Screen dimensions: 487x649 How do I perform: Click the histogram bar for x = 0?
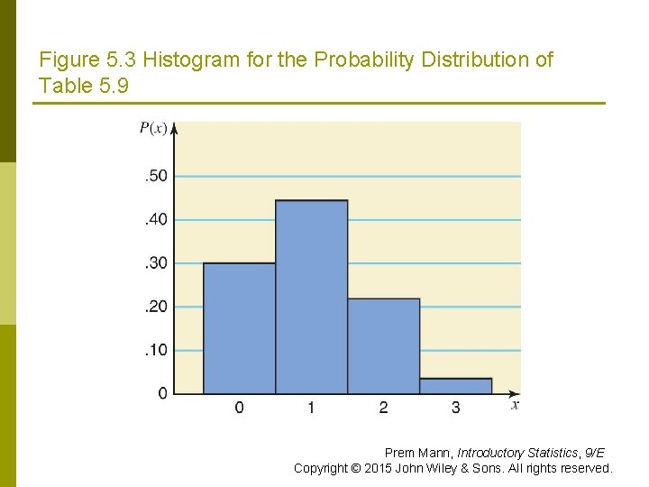click(x=239, y=328)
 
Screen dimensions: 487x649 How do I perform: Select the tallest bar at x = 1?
click(x=311, y=297)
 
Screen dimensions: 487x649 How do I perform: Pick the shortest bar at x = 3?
click(x=455, y=386)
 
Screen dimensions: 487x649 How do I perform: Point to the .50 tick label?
click(x=156, y=176)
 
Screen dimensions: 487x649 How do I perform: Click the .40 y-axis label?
click(x=156, y=219)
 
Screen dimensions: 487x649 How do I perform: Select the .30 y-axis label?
click(x=156, y=263)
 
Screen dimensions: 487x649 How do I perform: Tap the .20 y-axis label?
click(x=156, y=307)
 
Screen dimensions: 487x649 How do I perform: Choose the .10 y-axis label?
click(x=156, y=350)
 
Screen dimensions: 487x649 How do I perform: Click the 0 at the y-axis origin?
click(x=162, y=393)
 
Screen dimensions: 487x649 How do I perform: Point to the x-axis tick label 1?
click(x=311, y=409)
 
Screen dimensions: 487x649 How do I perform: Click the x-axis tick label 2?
click(x=383, y=409)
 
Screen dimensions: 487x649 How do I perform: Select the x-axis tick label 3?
click(x=455, y=409)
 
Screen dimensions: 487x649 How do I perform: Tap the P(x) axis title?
click(x=152, y=128)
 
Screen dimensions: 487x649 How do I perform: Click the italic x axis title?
click(x=515, y=406)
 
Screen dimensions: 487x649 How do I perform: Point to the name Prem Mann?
click(x=418, y=453)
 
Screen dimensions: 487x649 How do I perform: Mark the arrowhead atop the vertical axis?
click(x=174, y=127)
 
